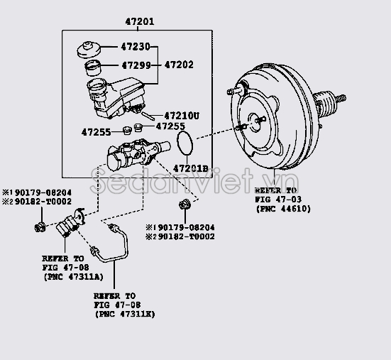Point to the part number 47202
179,65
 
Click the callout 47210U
182,115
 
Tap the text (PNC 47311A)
70,276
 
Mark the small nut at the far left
40,227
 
